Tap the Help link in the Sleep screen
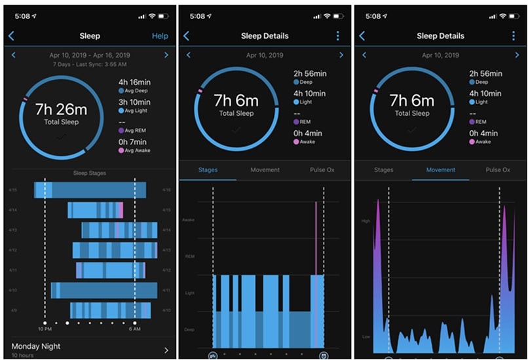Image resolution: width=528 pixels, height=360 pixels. [160, 36]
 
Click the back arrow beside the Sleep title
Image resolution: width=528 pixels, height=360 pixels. [11, 36]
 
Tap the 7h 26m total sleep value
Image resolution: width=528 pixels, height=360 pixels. [61, 109]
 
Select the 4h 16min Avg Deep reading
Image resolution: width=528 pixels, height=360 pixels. [132, 82]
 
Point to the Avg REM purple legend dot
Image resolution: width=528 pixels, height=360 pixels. [121, 130]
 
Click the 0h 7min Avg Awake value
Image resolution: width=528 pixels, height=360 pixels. [132, 142]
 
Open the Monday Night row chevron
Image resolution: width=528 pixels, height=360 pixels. [166, 350]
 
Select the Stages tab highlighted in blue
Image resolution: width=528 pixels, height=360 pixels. [208, 170]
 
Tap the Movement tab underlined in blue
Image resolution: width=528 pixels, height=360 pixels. [440, 170]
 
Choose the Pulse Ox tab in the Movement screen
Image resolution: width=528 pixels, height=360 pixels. [498, 170]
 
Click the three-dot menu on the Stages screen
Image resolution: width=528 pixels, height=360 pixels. [338, 36]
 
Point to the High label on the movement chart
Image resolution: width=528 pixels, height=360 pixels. [366, 221]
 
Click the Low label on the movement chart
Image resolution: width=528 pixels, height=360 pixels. [366, 337]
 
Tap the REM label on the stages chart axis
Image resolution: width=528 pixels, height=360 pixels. [190, 257]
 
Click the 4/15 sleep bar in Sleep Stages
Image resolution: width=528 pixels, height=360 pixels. [90, 190]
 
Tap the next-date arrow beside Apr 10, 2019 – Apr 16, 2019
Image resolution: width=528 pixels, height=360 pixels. [166, 56]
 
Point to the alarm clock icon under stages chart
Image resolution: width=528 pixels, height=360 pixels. [324, 356]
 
